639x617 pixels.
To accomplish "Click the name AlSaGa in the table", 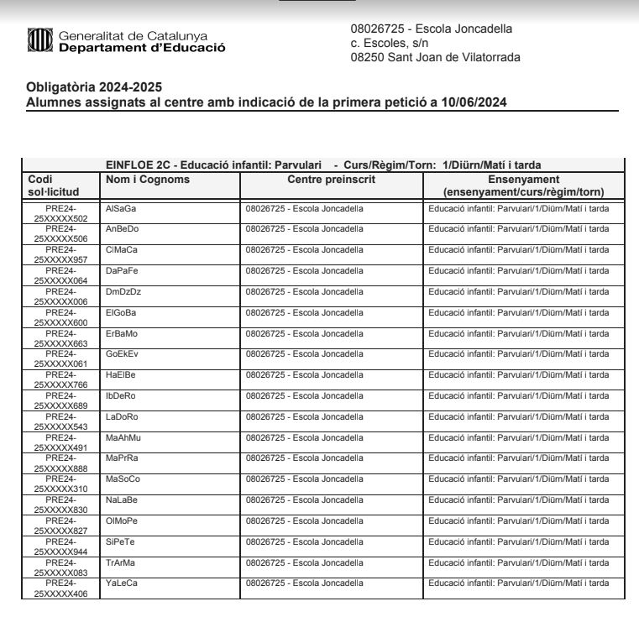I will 120,208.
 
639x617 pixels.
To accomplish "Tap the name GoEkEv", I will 122,354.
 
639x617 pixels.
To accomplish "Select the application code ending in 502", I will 60,213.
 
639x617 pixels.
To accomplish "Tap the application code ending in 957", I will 60,255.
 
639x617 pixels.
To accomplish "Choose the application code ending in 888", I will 60,463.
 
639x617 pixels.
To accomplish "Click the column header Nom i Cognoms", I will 148,180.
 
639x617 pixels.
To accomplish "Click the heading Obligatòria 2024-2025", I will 94,87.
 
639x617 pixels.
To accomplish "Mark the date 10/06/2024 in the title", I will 477,102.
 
